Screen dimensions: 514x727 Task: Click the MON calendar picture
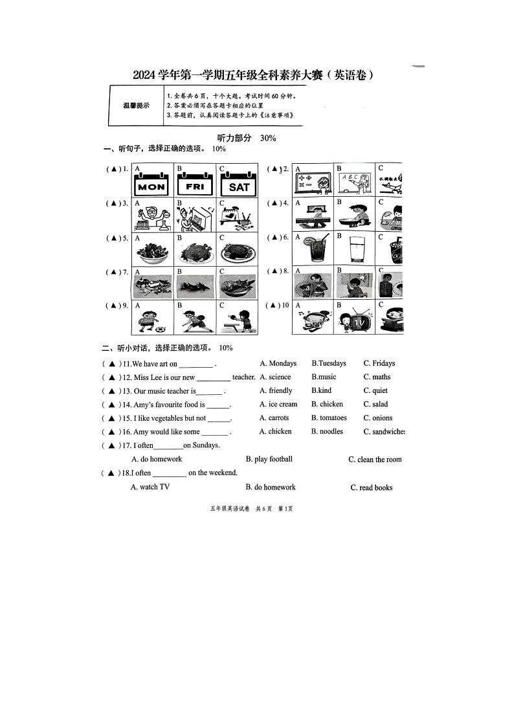click(x=151, y=183)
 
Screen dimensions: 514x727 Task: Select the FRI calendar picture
click(x=194, y=183)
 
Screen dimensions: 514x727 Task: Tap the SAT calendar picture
click(x=238, y=184)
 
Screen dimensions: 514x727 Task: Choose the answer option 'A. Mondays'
click(x=278, y=364)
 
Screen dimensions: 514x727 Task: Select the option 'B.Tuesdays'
click(x=329, y=364)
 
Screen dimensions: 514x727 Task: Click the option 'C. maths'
click(x=377, y=377)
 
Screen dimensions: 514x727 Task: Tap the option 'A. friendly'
click(x=276, y=391)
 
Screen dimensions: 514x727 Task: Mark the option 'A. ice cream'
click(x=278, y=405)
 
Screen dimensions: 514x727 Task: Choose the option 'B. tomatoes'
click(x=329, y=418)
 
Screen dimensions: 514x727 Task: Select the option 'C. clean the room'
click(x=375, y=460)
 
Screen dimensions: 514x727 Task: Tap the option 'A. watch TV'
click(x=150, y=487)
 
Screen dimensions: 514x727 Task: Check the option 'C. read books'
click(x=372, y=488)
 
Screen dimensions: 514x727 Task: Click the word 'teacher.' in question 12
click(x=244, y=377)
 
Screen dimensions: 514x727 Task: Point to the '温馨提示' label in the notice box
click(x=136, y=106)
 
